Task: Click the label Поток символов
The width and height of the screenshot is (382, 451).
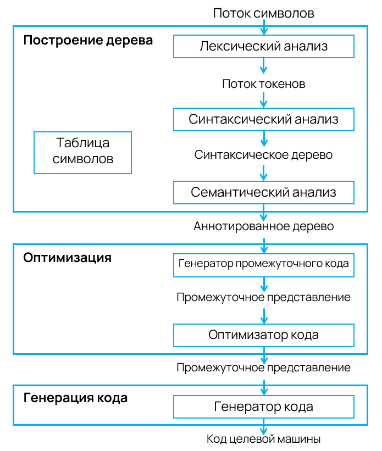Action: [263, 13]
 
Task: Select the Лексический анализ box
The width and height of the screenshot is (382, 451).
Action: [263, 46]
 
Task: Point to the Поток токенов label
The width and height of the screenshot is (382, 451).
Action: [263, 84]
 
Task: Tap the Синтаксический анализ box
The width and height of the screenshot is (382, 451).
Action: [263, 119]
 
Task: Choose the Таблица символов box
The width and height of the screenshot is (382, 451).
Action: [82, 152]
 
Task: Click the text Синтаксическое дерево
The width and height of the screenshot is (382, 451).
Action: [263, 155]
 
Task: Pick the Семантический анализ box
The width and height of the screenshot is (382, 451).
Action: [263, 193]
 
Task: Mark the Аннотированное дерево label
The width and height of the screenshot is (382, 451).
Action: [263, 226]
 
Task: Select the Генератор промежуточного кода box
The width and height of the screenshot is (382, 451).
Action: [263, 264]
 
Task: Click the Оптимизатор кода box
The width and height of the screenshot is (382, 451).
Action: [263, 335]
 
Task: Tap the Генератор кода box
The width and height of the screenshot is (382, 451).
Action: [263, 407]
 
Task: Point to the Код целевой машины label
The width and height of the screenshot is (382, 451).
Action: [263, 439]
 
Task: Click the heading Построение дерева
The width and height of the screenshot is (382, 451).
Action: [88, 41]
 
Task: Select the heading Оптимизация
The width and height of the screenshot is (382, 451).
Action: [67, 257]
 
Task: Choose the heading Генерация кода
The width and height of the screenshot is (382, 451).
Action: [75, 398]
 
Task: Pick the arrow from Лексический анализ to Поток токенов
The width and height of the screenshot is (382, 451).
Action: [264, 65]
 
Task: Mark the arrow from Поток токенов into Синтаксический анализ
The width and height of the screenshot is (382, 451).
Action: [264, 100]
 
